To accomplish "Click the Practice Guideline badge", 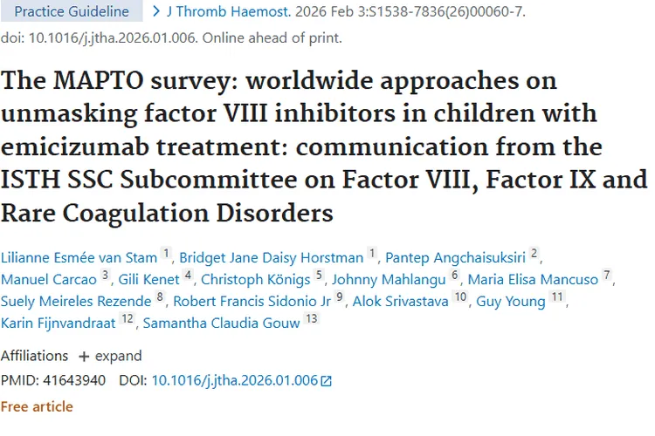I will click(72, 12).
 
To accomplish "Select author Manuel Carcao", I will click(49, 279).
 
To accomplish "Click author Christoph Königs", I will click(256, 279).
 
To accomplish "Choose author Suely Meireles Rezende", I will click(76, 302).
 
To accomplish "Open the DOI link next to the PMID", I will click(235, 380).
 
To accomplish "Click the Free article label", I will click(37, 406).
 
